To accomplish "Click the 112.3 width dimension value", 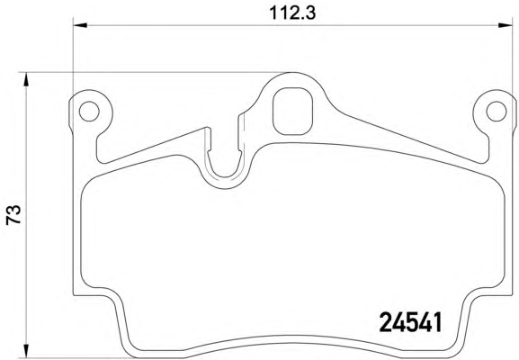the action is (292, 13).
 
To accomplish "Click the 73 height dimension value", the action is (13, 215).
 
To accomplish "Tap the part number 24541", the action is (410, 322).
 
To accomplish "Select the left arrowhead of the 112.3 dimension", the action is (80, 25).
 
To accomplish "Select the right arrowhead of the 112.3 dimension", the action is (506, 25).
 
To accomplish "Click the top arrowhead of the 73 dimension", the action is (25, 79).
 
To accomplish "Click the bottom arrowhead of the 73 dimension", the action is (25, 351).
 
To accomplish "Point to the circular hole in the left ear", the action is (89, 111).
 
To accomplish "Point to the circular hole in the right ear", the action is (497, 111).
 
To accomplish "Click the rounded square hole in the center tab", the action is (292, 112).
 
